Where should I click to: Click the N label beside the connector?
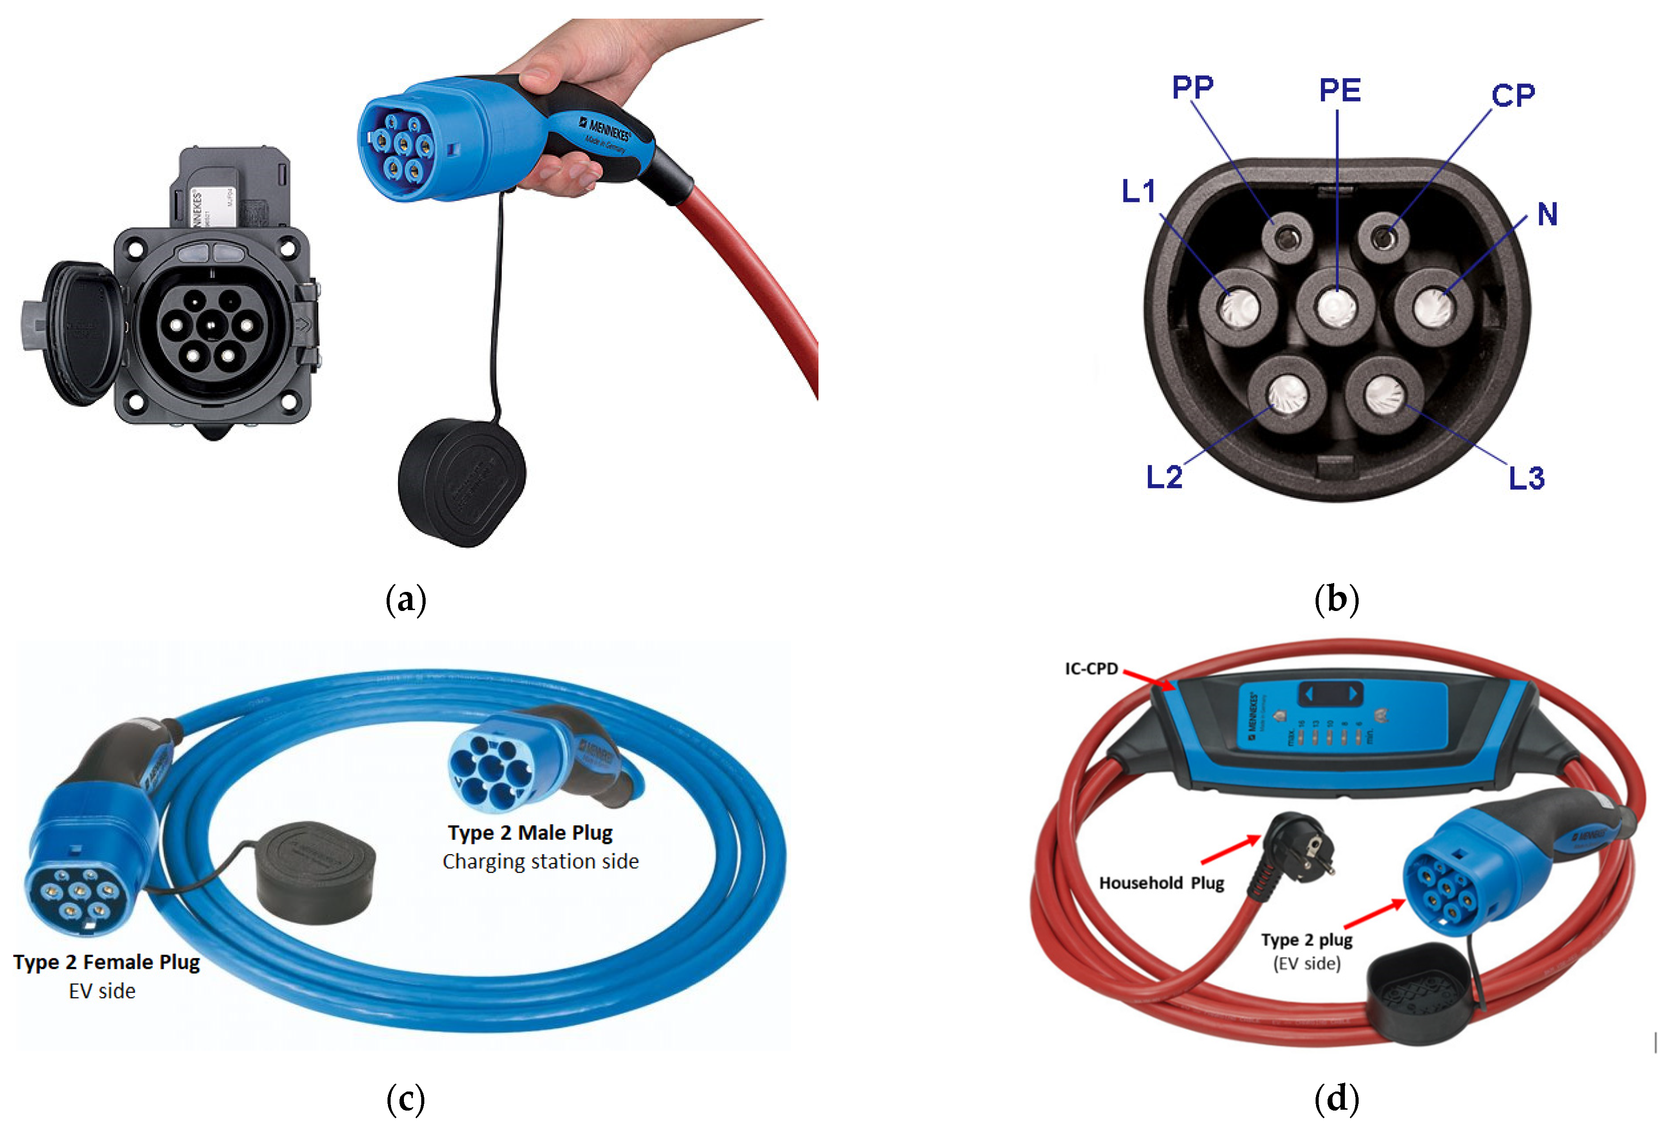tap(1547, 214)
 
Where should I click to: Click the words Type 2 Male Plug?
tap(530, 833)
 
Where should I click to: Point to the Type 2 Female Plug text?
tap(107, 962)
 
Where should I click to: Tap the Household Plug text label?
tap(1161, 883)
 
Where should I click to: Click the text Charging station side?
tap(540, 861)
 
